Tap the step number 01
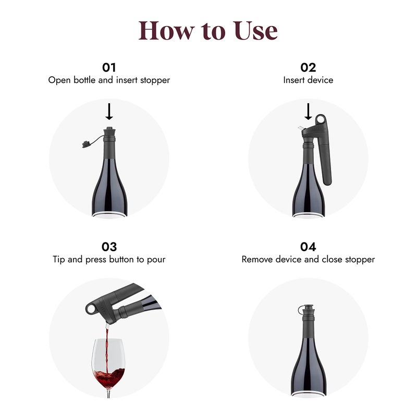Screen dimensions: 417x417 click(109, 67)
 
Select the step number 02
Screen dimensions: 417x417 click(308, 67)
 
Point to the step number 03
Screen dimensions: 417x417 click(109, 247)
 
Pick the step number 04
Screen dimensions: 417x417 click(308, 247)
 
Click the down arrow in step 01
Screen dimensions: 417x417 click(109, 111)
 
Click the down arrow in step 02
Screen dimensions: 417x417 click(308, 111)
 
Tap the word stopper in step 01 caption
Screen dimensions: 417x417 click(154, 80)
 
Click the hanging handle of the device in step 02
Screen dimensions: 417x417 click(327, 162)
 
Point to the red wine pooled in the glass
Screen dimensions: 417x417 click(109, 375)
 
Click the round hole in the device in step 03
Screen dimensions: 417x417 click(92, 310)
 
